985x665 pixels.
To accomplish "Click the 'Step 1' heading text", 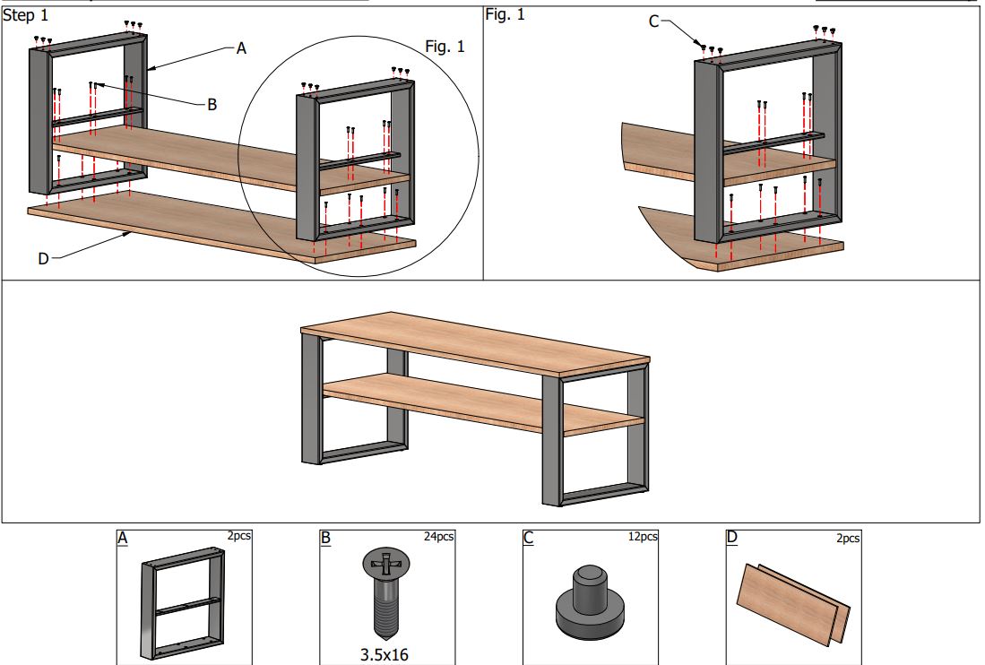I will [x=26, y=15].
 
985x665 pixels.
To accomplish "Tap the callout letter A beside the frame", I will [x=240, y=49].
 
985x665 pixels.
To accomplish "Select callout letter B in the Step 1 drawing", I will [x=212, y=104].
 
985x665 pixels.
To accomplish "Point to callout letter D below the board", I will [x=43, y=259].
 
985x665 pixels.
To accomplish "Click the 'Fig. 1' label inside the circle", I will [x=445, y=47].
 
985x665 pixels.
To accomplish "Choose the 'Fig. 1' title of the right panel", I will [x=505, y=14].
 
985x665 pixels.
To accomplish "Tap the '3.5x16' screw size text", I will [x=384, y=654].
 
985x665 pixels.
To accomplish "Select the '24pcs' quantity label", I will [x=438, y=537].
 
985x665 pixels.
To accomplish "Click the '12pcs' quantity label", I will [x=642, y=537].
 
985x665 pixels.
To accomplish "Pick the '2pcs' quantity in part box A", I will [x=239, y=537].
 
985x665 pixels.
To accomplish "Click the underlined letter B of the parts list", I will [x=325, y=539].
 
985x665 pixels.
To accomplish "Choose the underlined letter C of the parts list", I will [x=528, y=539].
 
